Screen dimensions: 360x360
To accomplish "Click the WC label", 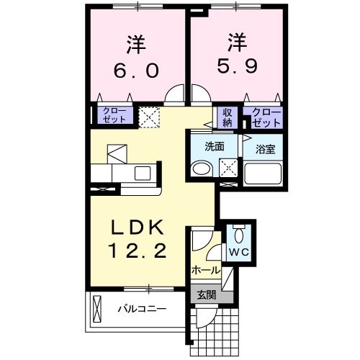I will click(x=238, y=253).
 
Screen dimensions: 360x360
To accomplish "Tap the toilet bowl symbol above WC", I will click(x=239, y=234).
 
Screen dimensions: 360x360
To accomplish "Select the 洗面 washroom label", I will click(x=214, y=145).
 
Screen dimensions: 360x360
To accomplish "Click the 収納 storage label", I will click(x=228, y=117).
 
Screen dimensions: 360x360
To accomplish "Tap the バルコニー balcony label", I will click(x=142, y=310).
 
